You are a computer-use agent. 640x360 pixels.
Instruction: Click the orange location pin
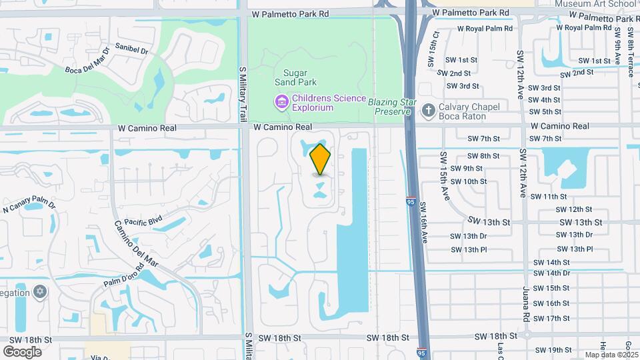click(x=321, y=159)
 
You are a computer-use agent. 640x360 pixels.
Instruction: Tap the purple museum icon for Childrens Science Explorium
click(x=281, y=101)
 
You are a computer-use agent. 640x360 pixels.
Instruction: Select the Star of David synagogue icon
click(x=40, y=292)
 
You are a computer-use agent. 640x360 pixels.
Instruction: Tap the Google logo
click(x=23, y=351)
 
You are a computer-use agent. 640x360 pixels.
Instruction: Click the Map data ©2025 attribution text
click(x=611, y=355)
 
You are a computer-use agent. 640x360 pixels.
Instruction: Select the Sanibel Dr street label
click(x=131, y=49)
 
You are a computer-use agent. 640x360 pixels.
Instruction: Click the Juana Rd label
click(x=526, y=307)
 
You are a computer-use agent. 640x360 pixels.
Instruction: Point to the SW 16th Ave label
click(x=424, y=224)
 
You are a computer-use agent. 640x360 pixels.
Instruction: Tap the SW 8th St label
click(x=485, y=156)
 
